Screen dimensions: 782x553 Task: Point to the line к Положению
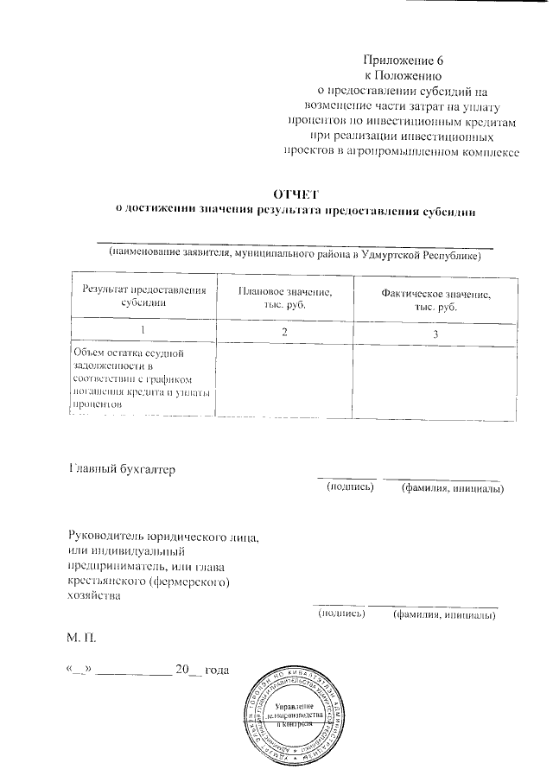point(403,75)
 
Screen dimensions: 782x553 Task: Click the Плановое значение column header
point(284,300)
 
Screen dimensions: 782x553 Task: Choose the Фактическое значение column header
point(435,301)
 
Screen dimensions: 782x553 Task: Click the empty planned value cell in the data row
point(284,378)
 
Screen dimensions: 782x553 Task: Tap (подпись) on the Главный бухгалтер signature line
point(349,488)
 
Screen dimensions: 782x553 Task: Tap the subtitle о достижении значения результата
point(296,210)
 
